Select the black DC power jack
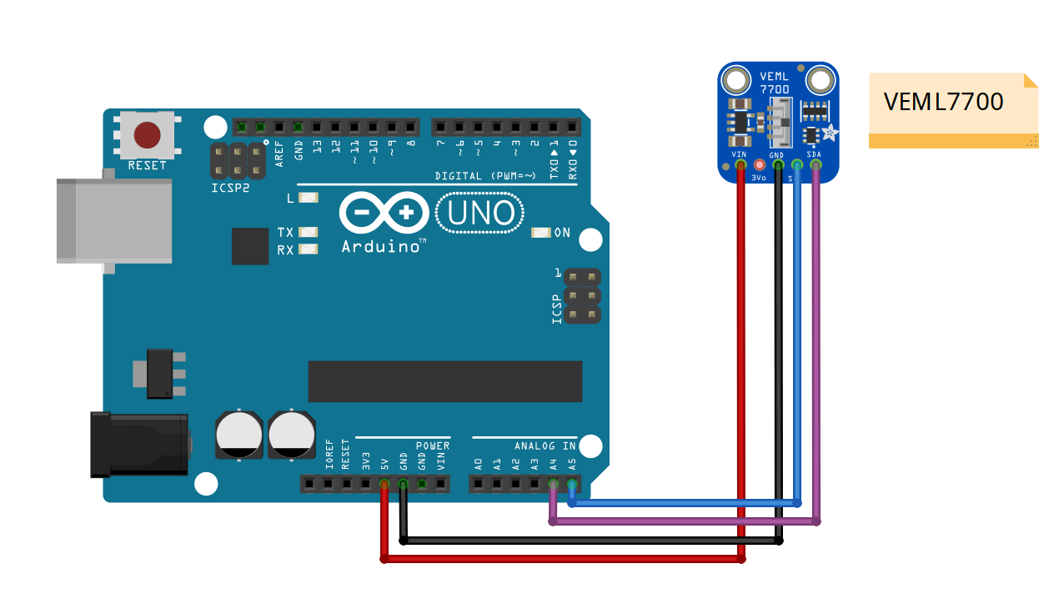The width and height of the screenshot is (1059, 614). (x=138, y=445)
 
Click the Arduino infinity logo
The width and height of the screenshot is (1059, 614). (x=384, y=213)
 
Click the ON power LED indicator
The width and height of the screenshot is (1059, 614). (x=541, y=233)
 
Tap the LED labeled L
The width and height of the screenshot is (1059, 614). (x=308, y=199)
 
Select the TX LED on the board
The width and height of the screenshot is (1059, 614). (x=308, y=233)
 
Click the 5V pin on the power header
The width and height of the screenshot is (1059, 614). (x=384, y=484)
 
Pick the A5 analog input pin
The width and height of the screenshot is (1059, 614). (x=572, y=484)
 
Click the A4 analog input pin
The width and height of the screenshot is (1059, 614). (x=553, y=484)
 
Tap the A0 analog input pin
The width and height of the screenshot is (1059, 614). (x=478, y=484)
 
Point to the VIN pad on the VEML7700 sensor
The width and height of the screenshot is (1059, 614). (x=740, y=165)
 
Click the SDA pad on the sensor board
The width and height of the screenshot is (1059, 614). (x=816, y=165)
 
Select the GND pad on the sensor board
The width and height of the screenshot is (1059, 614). (x=778, y=165)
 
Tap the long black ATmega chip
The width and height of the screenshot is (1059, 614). (x=444, y=382)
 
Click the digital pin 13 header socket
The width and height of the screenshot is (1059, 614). (x=317, y=128)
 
